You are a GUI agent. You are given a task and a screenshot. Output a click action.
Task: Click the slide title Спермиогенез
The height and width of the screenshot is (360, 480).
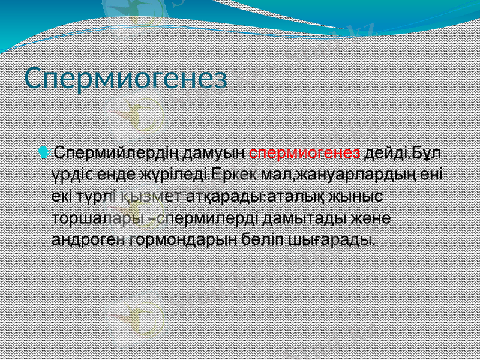(x=127, y=78)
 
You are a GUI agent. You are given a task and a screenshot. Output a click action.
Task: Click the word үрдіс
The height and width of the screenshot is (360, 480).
(x=72, y=175)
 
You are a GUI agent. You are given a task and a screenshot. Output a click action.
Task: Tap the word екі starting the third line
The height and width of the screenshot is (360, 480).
(x=62, y=196)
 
